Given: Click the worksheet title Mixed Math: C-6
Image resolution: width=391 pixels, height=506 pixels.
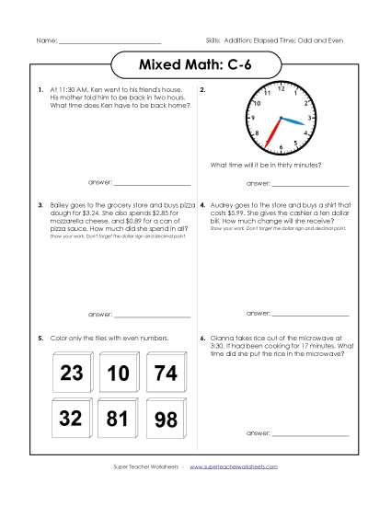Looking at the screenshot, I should coord(195,66).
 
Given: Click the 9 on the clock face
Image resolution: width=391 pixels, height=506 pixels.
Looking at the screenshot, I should coord(253,118).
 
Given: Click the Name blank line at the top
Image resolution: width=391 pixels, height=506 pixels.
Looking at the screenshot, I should coord(109,42).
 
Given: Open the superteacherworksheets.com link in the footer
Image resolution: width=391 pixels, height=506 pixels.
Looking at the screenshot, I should coord(234,492).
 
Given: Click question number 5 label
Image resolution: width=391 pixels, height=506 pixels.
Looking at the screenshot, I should coord(40,339).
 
